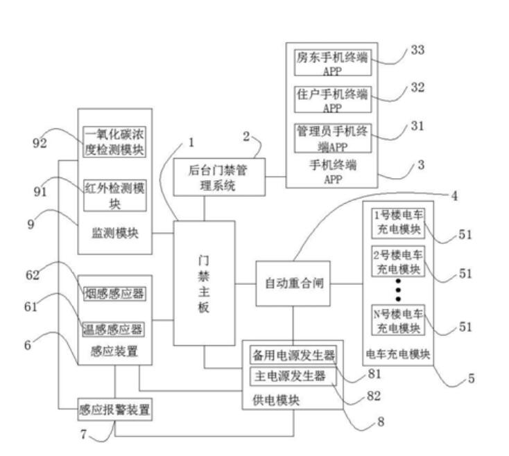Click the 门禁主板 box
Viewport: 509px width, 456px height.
pyautogui.click(x=204, y=283)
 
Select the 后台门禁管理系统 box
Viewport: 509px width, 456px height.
pyautogui.click(x=217, y=177)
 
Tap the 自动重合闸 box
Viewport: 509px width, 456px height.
pyautogui.click(x=291, y=283)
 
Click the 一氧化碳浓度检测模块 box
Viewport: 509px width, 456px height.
pyautogui.click(x=114, y=141)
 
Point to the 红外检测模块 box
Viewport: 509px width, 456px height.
pyautogui.click(x=114, y=196)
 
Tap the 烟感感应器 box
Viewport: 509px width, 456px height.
pyautogui.click(x=114, y=294)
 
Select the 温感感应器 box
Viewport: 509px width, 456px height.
pyautogui.click(x=114, y=328)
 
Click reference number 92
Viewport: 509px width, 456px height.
pyautogui.click(x=40, y=143)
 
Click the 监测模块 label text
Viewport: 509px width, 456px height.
pyautogui.click(x=114, y=234)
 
